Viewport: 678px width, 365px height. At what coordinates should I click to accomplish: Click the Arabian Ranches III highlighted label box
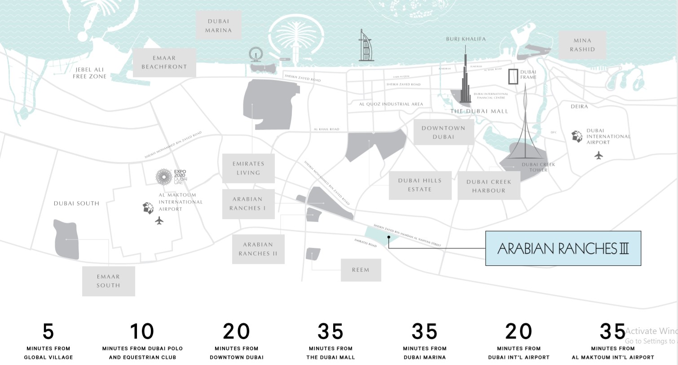pos(563,248)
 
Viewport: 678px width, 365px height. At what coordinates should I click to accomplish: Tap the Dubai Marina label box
pos(219,26)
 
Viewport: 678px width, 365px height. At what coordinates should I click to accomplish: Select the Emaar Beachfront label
pos(164,62)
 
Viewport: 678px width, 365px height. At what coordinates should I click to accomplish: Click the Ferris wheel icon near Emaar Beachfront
pos(256,55)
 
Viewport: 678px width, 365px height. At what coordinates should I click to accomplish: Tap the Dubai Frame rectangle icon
pos(513,76)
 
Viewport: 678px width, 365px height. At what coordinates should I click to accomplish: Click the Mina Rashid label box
pos(582,45)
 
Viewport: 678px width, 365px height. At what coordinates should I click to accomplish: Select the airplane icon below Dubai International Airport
pos(599,155)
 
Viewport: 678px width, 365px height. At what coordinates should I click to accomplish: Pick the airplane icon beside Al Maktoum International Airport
pos(159,220)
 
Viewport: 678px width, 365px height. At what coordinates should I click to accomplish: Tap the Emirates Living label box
pos(248,168)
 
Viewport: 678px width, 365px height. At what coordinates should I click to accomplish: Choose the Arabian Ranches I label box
pos(248,204)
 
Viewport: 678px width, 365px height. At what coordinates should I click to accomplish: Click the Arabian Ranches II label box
pos(258,249)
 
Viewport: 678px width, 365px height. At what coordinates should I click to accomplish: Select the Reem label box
pos(361,270)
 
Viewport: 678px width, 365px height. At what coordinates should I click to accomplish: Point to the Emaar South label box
pos(108,281)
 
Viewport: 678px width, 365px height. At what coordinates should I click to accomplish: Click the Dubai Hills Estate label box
pos(420,185)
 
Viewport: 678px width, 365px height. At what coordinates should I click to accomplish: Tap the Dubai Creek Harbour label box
pos(489,186)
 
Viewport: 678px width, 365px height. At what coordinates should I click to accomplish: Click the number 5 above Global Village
pos(48,332)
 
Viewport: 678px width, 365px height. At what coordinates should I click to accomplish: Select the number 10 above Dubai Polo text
pos(142,332)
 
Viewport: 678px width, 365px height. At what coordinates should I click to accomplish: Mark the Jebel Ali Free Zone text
pos(90,73)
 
